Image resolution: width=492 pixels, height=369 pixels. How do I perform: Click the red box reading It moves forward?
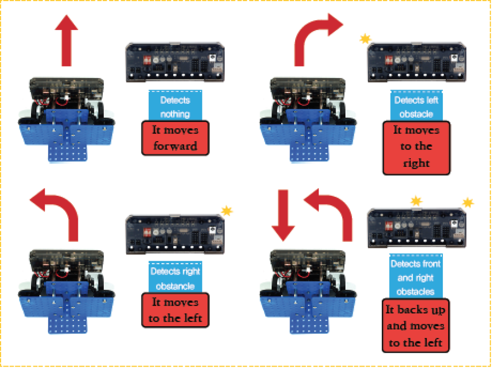[x=175, y=138]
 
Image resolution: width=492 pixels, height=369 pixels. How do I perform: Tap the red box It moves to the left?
[x=175, y=310]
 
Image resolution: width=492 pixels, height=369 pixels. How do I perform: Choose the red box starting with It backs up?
[x=416, y=326]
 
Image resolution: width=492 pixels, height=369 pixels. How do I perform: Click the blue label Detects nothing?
[x=175, y=106]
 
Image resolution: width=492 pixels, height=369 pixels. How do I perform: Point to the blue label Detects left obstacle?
[x=416, y=106]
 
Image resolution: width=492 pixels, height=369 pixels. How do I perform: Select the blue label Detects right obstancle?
[x=175, y=279]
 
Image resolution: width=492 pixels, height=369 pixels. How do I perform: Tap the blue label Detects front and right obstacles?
[x=416, y=277]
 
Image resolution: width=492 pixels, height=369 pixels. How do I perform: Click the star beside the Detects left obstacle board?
[x=365, y=38]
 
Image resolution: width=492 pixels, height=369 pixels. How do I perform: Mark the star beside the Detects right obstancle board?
[x=227, y=211]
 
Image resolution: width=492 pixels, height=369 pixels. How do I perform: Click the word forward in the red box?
[x=175, y=146]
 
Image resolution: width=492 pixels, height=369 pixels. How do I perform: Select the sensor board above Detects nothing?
[x=175, y=62]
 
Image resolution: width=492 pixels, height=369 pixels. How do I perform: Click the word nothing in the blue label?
[x=175, y=114]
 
